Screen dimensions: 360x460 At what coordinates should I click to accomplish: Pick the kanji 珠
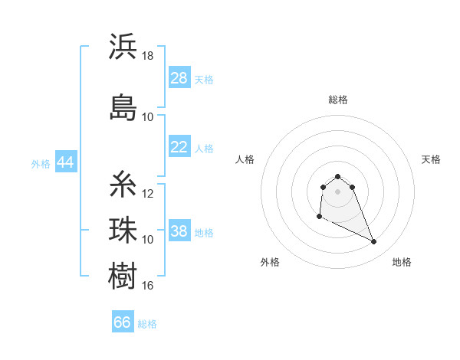tap(123, 229)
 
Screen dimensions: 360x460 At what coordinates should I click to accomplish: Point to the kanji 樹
tap(123, 275)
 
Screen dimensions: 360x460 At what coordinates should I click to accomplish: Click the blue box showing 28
tap(179, 79)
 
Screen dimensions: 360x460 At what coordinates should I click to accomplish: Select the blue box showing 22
tap(179, 148)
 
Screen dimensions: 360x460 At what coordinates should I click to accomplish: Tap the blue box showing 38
tap(179, 232)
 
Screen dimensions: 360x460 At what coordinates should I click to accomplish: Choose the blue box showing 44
tap(66, 163)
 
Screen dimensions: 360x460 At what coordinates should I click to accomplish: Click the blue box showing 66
tap(123, 322)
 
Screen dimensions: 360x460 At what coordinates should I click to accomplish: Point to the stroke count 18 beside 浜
tap(148, 56)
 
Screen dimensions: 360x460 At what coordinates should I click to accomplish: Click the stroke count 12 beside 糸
tap(148, 194)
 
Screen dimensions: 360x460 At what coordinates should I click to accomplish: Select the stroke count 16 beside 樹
tap(148, 286)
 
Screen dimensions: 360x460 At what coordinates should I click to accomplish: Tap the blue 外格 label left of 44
tap(41, 164)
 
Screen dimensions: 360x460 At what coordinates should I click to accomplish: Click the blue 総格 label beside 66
tap(147, 324)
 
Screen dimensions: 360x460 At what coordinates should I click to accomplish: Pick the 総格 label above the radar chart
tap(337, 100)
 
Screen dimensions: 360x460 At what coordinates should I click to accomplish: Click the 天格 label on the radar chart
tap(431, 159)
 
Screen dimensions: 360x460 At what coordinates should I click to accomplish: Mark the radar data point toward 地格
tap(374, 242)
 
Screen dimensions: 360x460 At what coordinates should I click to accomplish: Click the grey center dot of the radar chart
tap(337, 191)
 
